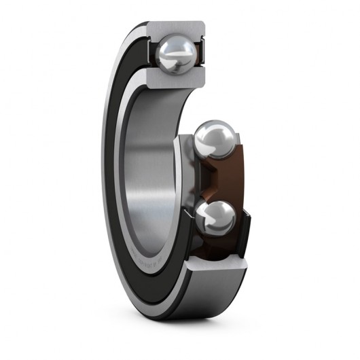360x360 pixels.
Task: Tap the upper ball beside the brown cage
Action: click(214, 139)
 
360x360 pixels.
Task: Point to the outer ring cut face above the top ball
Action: click(175, 29)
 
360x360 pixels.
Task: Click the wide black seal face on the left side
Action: click(119, 170)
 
